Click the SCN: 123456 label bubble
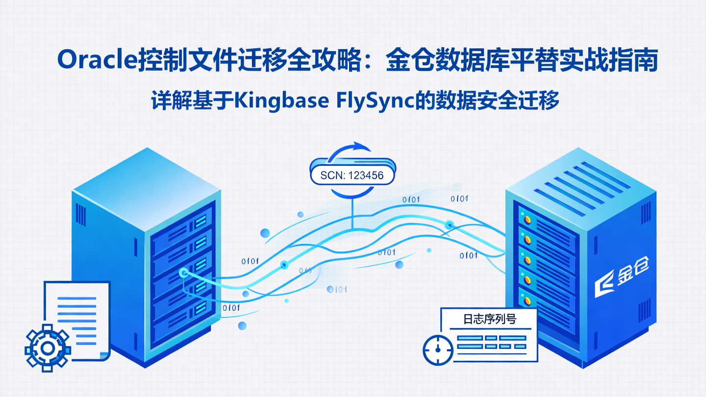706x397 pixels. pyautogui.click(x=352, y=175)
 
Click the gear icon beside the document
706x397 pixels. pyautogui.click(x=48, y=348)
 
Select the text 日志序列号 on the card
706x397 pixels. pyautogui.click(x=490, y=319)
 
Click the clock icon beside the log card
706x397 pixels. pyautogui.click(x=438, y=350)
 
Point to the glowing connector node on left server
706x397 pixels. pyautogui.click(x=183, y=273)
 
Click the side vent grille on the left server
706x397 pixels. pyautogui.click(x=81, y=215)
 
